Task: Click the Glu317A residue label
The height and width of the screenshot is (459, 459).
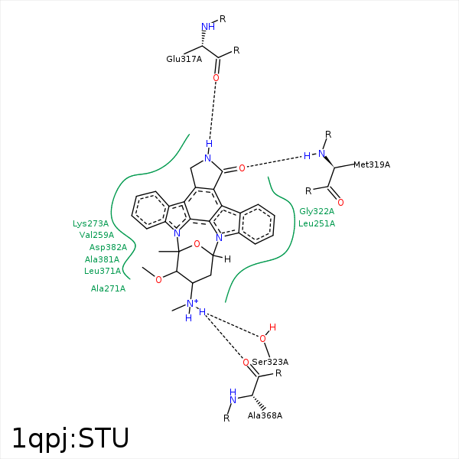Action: (x=184, y=59)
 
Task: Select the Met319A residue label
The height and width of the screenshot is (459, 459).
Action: (x=372, y=164)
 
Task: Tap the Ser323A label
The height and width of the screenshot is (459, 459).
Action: (x=270, y=362)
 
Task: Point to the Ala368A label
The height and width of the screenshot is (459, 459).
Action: (x=265, y=415)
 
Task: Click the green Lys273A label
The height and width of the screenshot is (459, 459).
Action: (x=91, y=223)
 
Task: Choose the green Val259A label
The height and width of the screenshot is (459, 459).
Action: (x=96, y=235)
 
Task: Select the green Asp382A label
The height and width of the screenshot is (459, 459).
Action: (x=108, y=247)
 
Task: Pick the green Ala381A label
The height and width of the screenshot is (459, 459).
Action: (x=102, y=259)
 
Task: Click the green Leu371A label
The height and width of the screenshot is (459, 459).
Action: (x=103, y=271)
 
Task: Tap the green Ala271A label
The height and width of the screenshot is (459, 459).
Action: (x=108, y=288)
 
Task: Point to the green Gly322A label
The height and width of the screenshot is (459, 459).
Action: (x=317, y=211)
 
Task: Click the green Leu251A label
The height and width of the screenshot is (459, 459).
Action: (x=317, y=223)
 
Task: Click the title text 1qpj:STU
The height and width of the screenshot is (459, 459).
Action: (x=70, y=438)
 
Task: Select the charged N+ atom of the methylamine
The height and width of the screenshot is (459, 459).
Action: (x=193, y=304)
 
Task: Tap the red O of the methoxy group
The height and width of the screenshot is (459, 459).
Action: (x=158, y=279)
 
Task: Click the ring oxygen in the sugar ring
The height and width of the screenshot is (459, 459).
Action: (x=197, y=244)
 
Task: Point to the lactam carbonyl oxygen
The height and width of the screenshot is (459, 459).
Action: (x=242, y=168)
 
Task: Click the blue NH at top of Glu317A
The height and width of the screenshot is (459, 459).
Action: (x=207, y=28)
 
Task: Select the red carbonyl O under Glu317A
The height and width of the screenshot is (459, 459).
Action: (x=216, y=78)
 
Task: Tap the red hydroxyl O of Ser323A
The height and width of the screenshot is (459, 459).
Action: (x=263, y=337)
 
